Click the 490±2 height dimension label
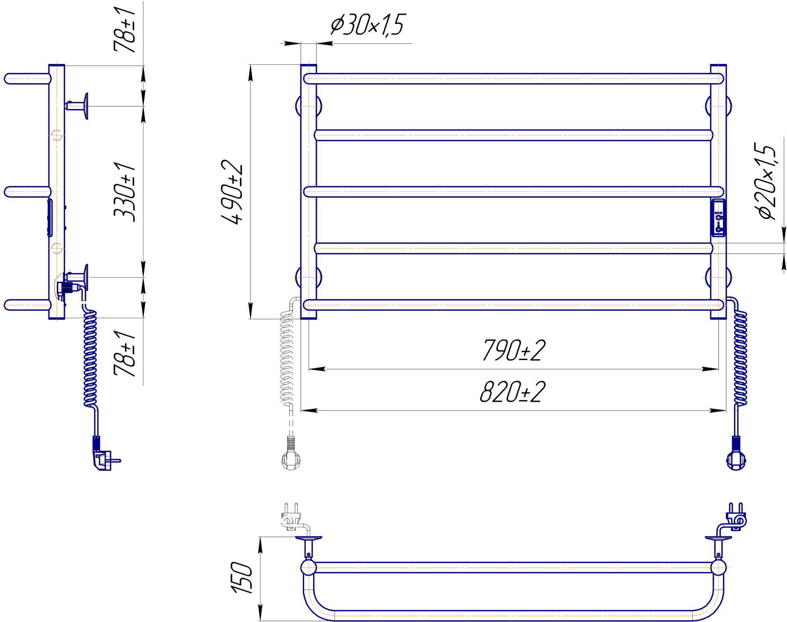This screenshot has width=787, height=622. [232, 192]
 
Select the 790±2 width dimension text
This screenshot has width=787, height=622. [514, 350]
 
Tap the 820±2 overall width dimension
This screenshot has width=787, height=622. [513, 392]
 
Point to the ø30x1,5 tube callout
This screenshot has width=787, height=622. [368, 24]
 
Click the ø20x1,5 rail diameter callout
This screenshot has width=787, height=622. [765, 181]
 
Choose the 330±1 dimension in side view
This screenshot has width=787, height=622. [124, 192]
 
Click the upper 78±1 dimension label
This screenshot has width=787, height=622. [124, 30]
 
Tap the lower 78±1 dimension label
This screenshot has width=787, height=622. [124, 353]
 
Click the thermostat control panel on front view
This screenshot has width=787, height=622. [718, 218]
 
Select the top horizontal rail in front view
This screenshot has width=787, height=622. [514, 79]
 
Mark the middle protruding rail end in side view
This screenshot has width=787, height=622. [27, 192]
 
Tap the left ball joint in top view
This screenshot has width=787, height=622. [308, 568]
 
